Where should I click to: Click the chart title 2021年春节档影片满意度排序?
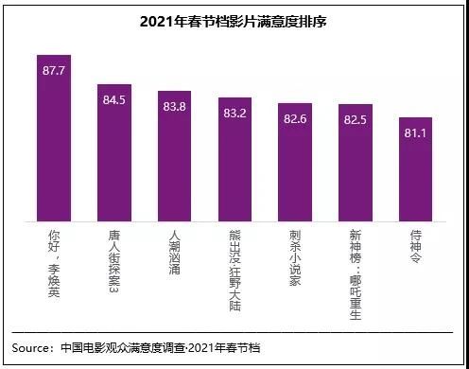(x=234, y=21)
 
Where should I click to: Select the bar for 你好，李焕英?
(x=54, y=142)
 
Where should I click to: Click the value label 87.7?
(x=54, y=70)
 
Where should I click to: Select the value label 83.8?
(x=174, y=106)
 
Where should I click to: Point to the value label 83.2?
(x=234, y=112)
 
